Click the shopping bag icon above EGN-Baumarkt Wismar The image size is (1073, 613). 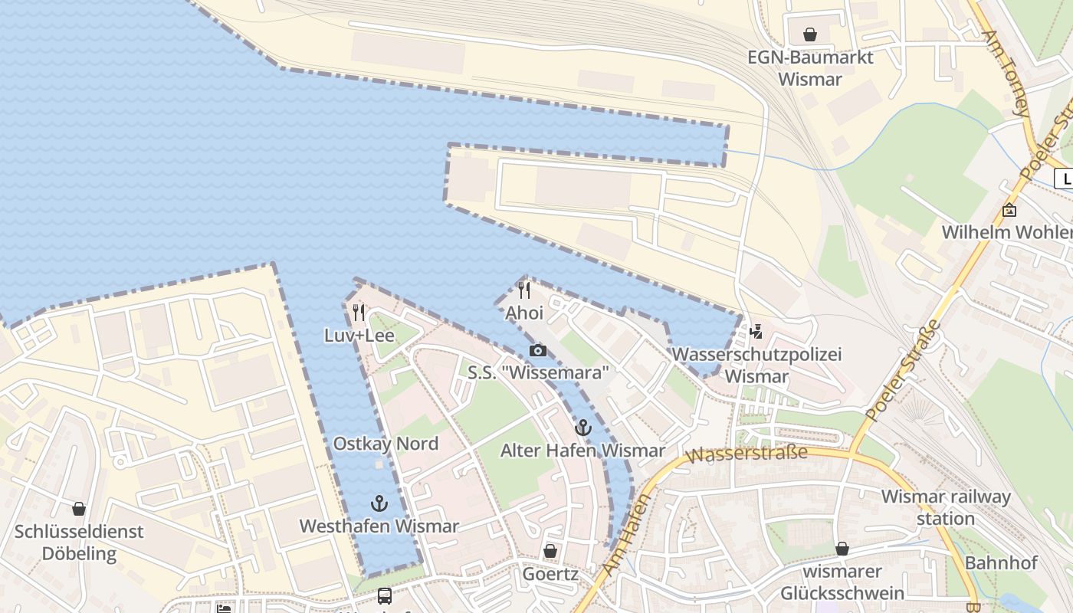pos(809,34)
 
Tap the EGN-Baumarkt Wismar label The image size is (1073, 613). pos(810,68)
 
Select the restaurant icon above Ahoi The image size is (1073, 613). pos(524,290)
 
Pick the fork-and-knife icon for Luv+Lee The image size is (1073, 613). pos(359,312)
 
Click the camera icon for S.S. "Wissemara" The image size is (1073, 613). pos(538,350)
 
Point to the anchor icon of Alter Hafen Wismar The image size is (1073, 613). pos(582,428)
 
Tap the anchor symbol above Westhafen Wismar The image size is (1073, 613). pos(379,503)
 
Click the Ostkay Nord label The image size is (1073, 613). pos(386,444)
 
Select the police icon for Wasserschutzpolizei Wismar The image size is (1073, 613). pos(756,331)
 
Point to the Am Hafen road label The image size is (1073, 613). pos(625,536)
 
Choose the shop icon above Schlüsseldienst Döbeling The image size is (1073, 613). pos(78,509)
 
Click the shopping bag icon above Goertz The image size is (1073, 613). pos(550,551)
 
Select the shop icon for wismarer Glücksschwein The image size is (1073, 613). pos(842,549)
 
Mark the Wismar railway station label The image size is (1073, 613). pos(946,507)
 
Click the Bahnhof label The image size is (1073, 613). pos(1000,562)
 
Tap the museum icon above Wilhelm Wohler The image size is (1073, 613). pos(1009,209)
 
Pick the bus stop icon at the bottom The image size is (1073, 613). pos(385,595)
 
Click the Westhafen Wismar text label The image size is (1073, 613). pos(379,526)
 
